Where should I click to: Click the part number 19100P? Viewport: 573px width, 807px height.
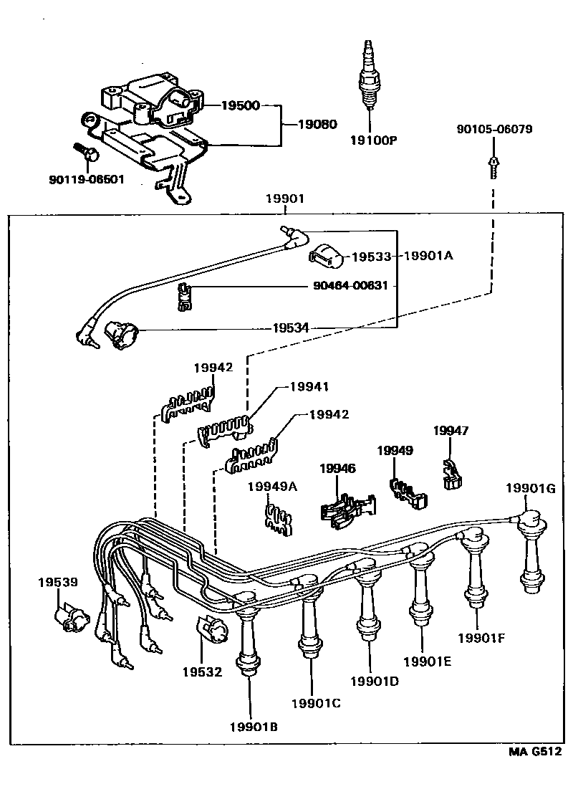point(372,140)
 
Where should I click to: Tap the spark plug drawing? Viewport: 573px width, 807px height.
point(369,75)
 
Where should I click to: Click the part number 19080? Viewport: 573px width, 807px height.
point(317,124)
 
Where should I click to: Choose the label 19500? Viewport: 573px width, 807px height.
point(240,105)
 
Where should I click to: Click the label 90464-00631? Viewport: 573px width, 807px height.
point(351,285)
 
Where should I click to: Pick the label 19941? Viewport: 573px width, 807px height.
point(309,387)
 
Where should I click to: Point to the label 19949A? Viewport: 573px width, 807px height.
point(272,487)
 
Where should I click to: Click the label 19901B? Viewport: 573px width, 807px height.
point(254,727)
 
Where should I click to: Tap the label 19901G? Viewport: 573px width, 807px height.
point(530,489)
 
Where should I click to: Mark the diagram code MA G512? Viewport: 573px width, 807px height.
point(534,752)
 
